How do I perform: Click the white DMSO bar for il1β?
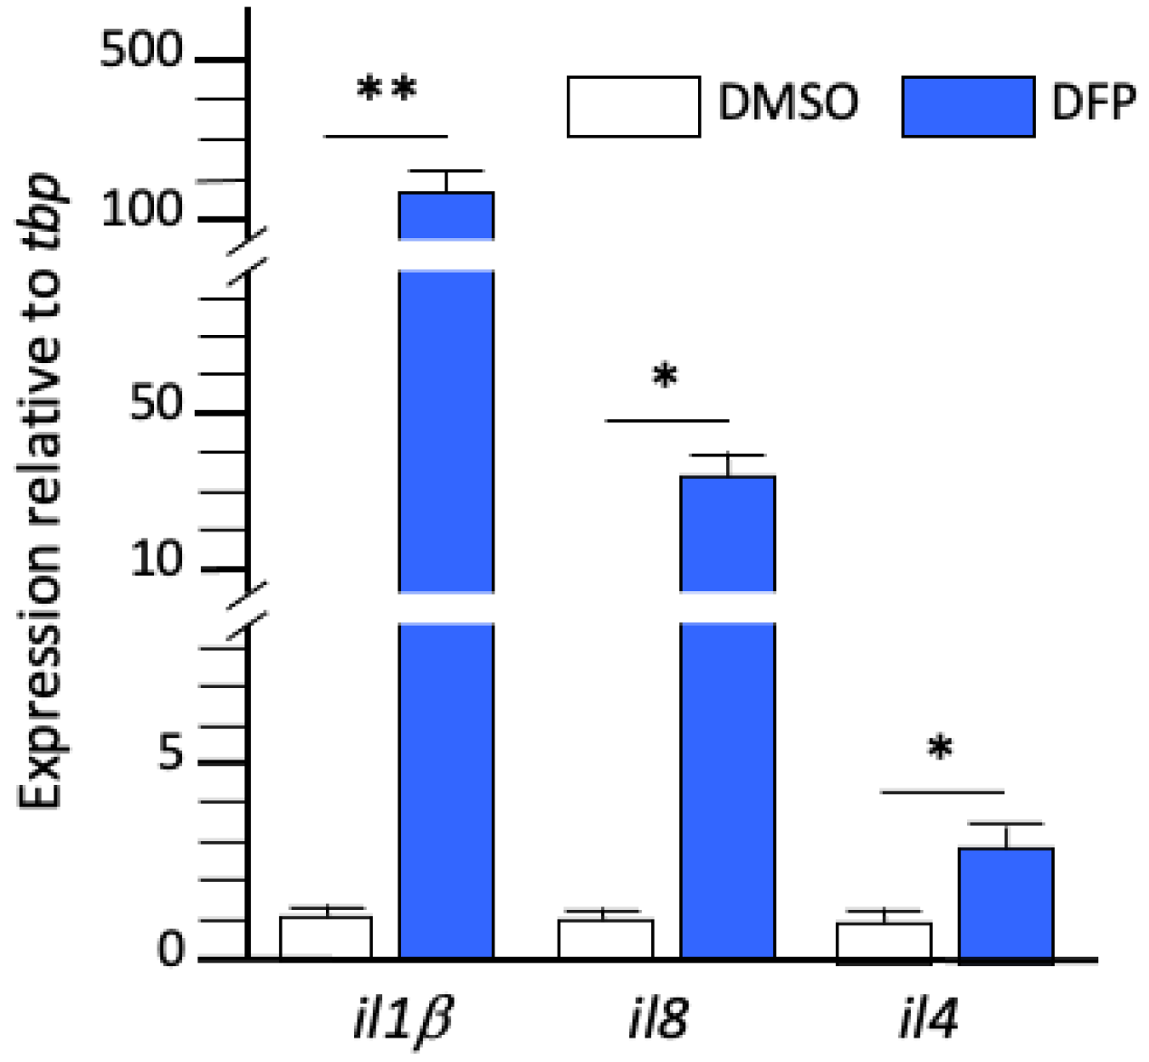(326, 937)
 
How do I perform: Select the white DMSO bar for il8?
(605, 939)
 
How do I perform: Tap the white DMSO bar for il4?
(884, 941)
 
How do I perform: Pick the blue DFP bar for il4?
(1006, 903)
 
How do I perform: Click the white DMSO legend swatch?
(633, 107)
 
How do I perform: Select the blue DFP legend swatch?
(968, 107)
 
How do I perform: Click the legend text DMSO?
(788, 102)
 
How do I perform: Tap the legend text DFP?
(1093, 102)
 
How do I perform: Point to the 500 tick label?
(141, 51)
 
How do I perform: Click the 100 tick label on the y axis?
(142, 210)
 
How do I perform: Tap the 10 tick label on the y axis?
(157, 559)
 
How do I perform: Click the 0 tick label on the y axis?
(170, 950)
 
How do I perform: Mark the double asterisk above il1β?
(387, 90)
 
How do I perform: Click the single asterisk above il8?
(665, 375)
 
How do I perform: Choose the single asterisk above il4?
(941, 748)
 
